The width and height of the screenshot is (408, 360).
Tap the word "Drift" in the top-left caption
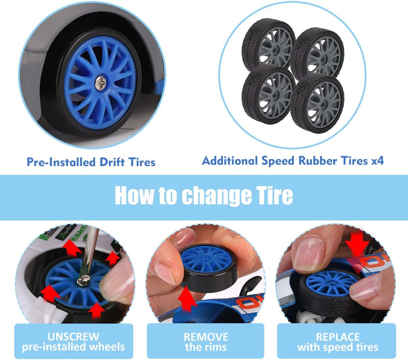(x=112, y=162)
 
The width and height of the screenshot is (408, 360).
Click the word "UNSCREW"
(x=73, y=337)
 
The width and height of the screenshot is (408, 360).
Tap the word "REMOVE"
(x=206, y=337)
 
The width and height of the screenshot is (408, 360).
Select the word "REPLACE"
(x=338, y=337)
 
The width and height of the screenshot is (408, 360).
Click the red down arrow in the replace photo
(x=357, y=248)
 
